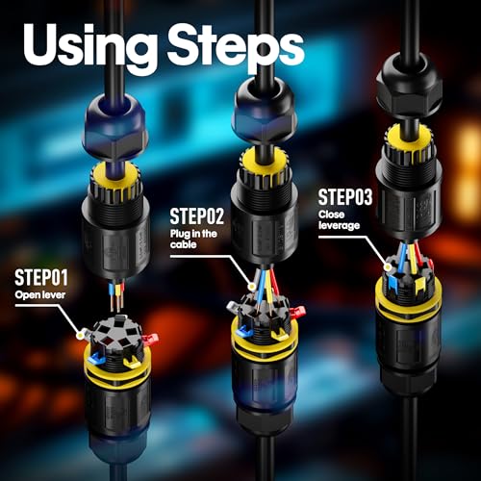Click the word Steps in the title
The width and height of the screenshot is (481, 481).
pyautogui.click(x=235, y=47)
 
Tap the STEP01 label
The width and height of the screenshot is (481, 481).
pyautogui.click(x=41, y=278)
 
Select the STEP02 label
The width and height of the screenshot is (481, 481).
pyautogui.click(x=196, y=216)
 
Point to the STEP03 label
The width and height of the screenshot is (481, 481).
pyautogui.click(x=345, y=197)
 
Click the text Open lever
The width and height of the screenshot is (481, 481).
pyautogui.click(x=40, y=294)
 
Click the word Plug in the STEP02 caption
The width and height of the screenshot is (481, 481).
pyautogui.click(x=180, y=234)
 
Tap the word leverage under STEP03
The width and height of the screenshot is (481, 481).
pyautogui.click(x=339, y=225)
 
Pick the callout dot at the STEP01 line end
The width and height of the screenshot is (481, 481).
pyautogui.click(x=80, y=335)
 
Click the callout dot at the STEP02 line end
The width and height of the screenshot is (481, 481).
pyautogui.click(x=252, y=286)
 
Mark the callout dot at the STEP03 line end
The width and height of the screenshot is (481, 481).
pyautogui.click(x=389, y=266)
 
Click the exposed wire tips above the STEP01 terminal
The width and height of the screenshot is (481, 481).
pyautogui.click(x=116, y=297)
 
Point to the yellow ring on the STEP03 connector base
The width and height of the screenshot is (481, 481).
pyautogui.click(x=408, y=298)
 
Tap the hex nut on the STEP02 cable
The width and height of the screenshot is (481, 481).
pyautogui.click(x=265, y=113)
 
